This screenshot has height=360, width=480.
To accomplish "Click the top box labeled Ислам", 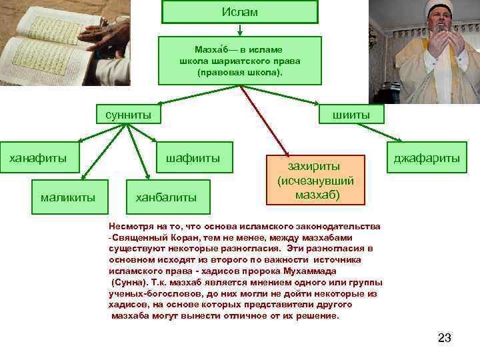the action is click(239, 13).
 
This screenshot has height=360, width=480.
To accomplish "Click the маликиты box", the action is click(67, 197).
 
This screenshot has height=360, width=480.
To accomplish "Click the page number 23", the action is click(444, 338).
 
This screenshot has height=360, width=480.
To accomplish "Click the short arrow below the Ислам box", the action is click(239, 29).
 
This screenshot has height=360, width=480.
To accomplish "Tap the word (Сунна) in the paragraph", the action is click(129, 283).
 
